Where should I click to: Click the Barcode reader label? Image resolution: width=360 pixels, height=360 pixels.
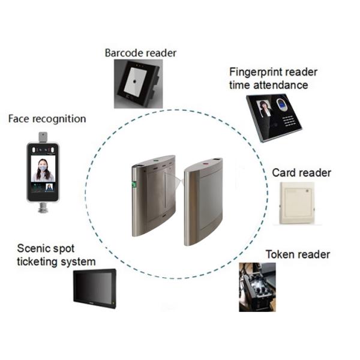tap(140, 53)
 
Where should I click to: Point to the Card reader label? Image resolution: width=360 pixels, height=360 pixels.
tap(301, 173)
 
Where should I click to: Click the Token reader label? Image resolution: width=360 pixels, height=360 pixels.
tap(298, 254)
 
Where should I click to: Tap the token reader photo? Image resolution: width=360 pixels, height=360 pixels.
tap(257, 286)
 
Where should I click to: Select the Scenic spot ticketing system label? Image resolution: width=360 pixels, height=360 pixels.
tap(56, 255)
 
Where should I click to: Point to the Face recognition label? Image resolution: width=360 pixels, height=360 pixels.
tap(47, 119)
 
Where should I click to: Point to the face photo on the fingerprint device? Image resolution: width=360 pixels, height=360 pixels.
tap(265, 109)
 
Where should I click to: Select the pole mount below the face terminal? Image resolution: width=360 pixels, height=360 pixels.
tap(42, 208)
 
